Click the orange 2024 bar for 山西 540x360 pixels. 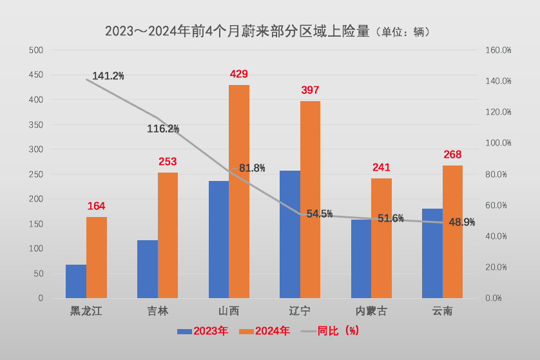238,191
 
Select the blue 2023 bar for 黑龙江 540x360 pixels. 76,281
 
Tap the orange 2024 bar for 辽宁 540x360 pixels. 310,200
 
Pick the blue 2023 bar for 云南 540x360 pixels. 432,253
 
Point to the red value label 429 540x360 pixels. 238,74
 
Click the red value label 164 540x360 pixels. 96,206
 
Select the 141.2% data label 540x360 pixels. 108,76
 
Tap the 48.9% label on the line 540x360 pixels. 461,222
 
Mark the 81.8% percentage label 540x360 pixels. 252,168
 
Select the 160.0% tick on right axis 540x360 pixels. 497,50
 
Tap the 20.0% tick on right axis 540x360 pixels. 497,267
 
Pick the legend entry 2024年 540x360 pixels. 265,331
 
